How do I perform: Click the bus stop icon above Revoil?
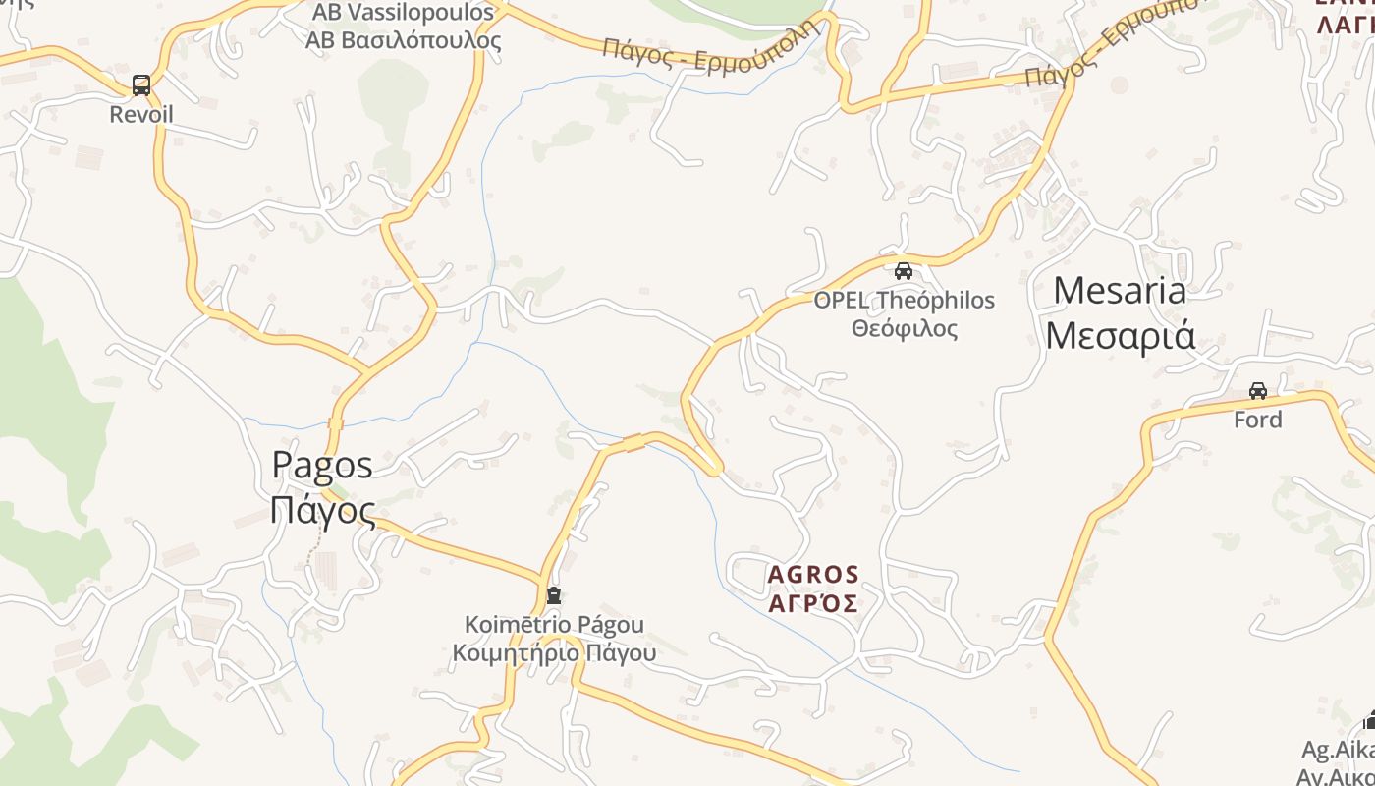141,85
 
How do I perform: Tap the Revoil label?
141,115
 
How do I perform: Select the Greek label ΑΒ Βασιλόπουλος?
403,41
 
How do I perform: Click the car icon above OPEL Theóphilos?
904,270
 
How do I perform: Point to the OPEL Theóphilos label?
904,301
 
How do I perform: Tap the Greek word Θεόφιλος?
904,328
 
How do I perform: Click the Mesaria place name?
1120,291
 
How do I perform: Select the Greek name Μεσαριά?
1120,334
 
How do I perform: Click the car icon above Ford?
1258,391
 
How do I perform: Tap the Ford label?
1258,420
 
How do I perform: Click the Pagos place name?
322,464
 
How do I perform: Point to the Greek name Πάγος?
322,511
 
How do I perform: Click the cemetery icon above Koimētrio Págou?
554,595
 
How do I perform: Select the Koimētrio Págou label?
554,624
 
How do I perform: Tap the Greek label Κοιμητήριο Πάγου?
554,651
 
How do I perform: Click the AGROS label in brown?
812,574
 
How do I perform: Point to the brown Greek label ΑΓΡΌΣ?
812,602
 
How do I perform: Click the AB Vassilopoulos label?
403,13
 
